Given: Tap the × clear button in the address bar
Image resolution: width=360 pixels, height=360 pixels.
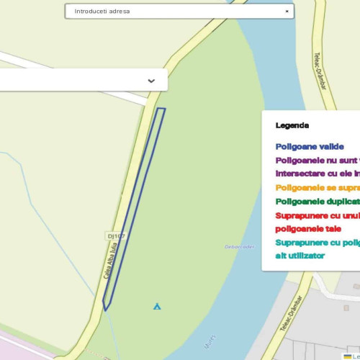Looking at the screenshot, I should pyautogui.click(x=287, y=12).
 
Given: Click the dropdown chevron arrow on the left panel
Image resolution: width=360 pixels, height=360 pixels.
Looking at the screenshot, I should pyautogui.click(x=151, y=81).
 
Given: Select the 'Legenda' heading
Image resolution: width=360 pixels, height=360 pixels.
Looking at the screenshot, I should pyautogui.click(x=292, y=125).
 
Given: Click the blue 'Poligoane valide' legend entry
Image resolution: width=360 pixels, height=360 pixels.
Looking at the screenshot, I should pyautogui.click(x=310, y=146).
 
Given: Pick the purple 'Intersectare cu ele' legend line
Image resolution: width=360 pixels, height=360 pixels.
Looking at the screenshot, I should pyautogui.click(x=317, y=174).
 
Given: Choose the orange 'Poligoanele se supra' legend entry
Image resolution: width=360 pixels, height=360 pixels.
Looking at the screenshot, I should pyautogui.click(x=317, y=187).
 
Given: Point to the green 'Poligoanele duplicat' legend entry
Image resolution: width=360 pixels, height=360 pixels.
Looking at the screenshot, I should pyautogui.click(x=317, y=202).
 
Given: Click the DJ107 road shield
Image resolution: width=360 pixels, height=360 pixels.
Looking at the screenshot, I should pyautogui.click(x=115, y=235).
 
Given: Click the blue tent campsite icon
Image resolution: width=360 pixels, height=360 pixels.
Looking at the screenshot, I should pyautogui.click(x=157, y=306).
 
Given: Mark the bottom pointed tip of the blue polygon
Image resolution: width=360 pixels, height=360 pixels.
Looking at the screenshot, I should pyautogui.click(x=106, y=310).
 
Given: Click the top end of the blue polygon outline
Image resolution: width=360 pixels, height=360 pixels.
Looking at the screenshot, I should pyautogui.click(x=161, y=109).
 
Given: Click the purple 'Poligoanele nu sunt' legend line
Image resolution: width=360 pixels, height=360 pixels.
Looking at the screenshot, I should pyautogui.click(x=317, y=160).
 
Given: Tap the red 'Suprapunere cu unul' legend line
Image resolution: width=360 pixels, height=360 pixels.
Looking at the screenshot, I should pyautogui.click(x=317, y=215).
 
